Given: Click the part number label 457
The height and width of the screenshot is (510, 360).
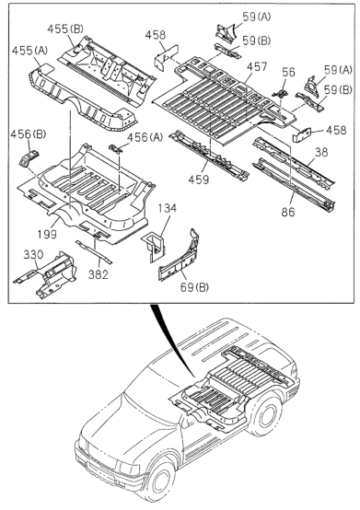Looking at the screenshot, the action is click(257, 67).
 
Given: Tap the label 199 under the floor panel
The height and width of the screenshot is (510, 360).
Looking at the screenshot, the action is click(47, 234).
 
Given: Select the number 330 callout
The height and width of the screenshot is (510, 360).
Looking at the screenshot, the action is click(33, 254).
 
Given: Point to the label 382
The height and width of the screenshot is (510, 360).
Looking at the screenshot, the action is click(99, 274).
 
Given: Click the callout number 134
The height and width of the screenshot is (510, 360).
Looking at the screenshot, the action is click(168, 208).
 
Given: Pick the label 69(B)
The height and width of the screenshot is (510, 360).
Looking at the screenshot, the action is click(194, 287).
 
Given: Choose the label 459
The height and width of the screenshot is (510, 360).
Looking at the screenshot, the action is click(199, 180).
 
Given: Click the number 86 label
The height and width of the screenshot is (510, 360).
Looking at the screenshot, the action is click(288, 212).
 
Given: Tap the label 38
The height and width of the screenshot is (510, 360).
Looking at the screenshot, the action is click(321, 152).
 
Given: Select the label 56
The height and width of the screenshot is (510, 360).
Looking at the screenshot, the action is click(288, 72).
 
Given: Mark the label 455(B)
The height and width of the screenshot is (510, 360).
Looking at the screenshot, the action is click(65, 29).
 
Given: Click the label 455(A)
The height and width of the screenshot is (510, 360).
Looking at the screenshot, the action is click(29, 51).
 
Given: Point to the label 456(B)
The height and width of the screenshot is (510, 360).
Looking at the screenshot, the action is click(29, 134).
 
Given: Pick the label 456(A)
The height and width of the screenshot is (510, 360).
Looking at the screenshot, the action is click(145, 137).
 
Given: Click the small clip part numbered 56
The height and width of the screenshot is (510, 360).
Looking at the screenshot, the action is click(281, 92).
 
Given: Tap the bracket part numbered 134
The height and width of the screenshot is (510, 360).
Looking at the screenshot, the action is click(154, 246).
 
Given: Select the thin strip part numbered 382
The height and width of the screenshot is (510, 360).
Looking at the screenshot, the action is click(94, 251).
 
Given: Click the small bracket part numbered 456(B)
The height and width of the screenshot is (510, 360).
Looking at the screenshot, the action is click(29, 158).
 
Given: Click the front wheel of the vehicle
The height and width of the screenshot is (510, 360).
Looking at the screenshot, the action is click(160, 481).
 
